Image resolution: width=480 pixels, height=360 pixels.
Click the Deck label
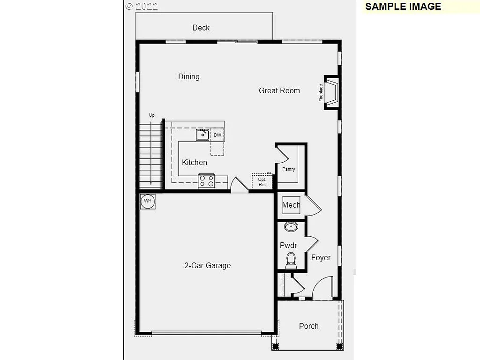click(x=201, y=28)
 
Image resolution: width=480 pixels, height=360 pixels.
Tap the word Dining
click(x=189, y=76)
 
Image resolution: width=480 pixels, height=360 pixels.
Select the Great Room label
click(x=279, y=90)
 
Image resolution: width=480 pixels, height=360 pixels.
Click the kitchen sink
click(x=202, y=135)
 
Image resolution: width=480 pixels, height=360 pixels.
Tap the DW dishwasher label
click(x=217, y=135)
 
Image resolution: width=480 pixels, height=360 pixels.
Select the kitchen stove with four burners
click(x=207, y=181)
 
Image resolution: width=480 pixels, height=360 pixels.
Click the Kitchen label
click(x=195, y=162)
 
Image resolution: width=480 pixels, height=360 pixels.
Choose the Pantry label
click(x=289, y=169)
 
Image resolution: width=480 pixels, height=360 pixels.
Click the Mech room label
click(x=291, y=205)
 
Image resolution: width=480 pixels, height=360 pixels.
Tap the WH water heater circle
click(x=148, y=201)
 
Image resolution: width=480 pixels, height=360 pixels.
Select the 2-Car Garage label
click(x=207, y=265)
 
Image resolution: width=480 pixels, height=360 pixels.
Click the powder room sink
click(x=291, y=228)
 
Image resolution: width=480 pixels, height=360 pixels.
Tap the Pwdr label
click(x=288, y=245)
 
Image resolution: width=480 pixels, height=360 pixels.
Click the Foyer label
click(x=321, y=257)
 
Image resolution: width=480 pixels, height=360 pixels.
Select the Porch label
click(x=309, y=326)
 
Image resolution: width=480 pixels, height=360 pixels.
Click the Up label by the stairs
click(x=151, y=115)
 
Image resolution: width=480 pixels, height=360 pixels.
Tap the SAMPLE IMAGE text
click(x=403, y=7)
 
